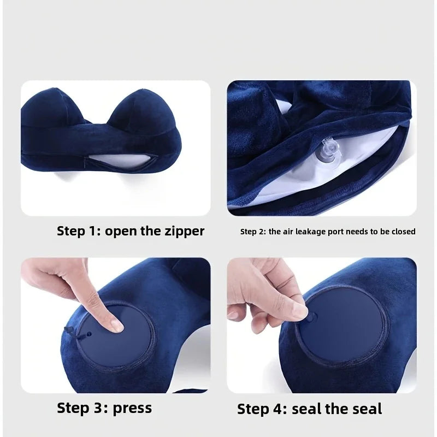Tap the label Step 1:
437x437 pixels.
click(79, 231)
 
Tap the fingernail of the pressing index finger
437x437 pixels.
click(116, 326)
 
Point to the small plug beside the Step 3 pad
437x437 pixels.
click(69, 330)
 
